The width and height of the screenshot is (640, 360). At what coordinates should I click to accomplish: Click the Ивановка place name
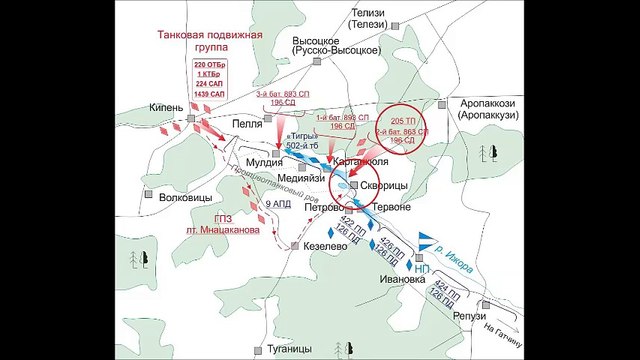384,280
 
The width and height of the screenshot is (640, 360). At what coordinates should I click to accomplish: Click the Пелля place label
246,125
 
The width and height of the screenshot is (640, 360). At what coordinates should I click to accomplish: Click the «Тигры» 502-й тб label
302,140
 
